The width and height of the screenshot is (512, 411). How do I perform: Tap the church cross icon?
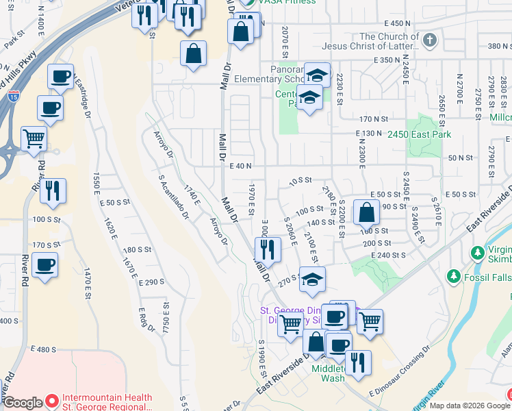pos(429,40)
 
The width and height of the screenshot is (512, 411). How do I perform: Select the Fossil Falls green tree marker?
pos(452,276)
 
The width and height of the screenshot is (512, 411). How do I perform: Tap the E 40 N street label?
pos(242,166)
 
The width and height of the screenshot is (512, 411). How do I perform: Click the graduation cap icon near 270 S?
pos(312,280)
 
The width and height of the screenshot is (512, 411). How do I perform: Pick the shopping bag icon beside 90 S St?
pos(367,212)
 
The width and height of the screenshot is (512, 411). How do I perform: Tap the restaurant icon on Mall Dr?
pos(268,249)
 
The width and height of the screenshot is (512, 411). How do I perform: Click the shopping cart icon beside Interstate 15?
pos(34,139)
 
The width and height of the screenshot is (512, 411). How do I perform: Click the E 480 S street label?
pos(43,349)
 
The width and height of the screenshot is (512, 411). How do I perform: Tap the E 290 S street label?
pos(151,282)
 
